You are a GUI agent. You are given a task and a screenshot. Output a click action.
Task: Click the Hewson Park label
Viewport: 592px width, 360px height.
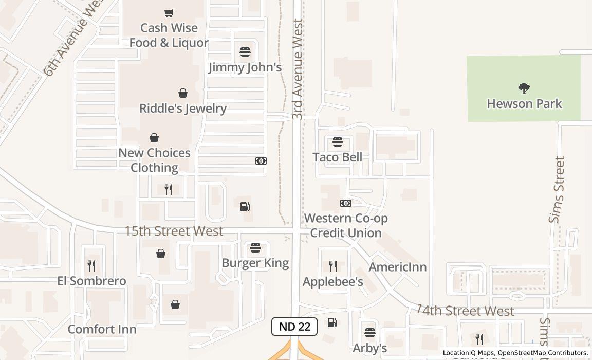pyautogui.click(x=524, y=103)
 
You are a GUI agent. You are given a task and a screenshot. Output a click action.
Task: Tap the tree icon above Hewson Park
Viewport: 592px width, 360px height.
pyautogui.click(x=524, y=88)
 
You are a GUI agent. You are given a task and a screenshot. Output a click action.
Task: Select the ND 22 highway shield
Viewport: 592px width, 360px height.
pyautogui.click(x=294, y=327)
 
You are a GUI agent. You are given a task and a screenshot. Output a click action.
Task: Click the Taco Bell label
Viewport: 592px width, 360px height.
pyautogui.click(x=338, y=157)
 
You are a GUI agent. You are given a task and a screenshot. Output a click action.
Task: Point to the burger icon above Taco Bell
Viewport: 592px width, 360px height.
pyautogui.click(x=338, y=141)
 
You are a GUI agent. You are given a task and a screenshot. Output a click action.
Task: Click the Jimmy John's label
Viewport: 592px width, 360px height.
pyautogui.click(x=245, y=67)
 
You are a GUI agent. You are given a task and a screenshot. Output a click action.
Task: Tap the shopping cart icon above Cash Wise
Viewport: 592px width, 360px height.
pyautogui.click(x=169, y=13)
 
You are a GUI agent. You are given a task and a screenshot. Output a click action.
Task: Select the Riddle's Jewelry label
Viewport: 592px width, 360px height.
pyautogui.click(x=183, y=109)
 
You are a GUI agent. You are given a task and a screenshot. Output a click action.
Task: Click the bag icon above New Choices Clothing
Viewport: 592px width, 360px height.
pyautogui.click(x=154, y=138)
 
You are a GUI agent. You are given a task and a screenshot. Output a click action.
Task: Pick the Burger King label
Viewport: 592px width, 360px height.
pyautogui.click(x=255, y=263)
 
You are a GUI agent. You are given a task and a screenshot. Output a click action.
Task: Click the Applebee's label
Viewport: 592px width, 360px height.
pyautogui.click(x=333, y=282)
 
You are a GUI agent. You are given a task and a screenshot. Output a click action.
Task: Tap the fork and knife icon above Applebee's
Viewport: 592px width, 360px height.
pyautogui.click(x=333, y=266)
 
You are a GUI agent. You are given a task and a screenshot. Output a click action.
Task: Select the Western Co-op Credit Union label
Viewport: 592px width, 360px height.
pyautogui.click(x=346, y=225)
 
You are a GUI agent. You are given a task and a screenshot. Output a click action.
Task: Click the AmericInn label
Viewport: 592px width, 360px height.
pyautogui.click(x=398, y=267)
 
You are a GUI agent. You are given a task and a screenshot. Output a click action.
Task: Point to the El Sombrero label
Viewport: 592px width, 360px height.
pyautogui.click(x=91, y=281)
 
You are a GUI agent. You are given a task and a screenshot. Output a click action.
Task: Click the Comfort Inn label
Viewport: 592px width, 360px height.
pyautogui.click(x=102, y=329)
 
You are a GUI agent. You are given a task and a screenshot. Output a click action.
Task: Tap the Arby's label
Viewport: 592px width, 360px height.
pyautogui.click(x=370, y=348)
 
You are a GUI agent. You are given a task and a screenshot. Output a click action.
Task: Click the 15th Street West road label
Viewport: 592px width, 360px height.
pyautogui.click(x=174, y=231)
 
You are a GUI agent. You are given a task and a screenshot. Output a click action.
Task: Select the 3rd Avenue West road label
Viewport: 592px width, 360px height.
pyautogui.click(x=298, y=69)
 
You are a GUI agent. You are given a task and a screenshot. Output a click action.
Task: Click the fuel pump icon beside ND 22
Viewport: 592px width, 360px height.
pyautogui.click(x=332, y=322)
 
